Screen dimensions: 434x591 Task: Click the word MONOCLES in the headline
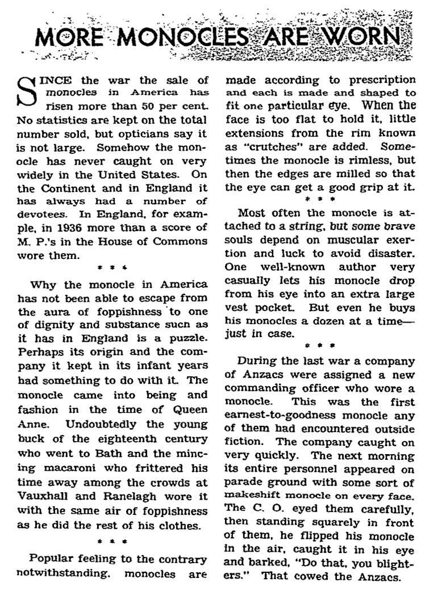pyautogui.click(x=164, y=38)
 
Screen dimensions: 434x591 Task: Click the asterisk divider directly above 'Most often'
pyautogui.click(x=320, y=199)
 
